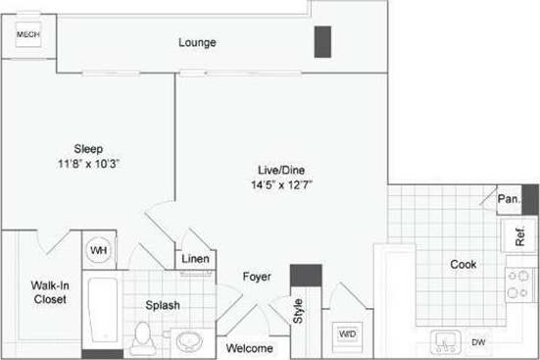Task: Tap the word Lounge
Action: point(197,43)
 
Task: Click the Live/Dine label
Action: point(277,168)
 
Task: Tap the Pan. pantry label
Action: point(508,198)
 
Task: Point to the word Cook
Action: point(463,264)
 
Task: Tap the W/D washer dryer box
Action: point(347,334)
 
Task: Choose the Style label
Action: point(299,313)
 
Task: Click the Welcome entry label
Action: point(250,348)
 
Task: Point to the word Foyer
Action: point(257,277)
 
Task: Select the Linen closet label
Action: point(194,259)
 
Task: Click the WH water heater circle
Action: point(99,250)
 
